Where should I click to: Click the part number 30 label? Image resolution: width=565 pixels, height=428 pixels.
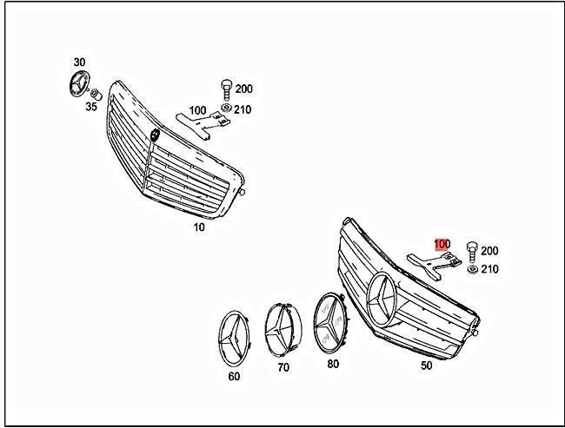tap(79, 63)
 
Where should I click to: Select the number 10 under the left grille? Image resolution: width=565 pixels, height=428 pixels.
tap(200, 227)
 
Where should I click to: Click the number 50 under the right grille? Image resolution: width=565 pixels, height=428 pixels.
tap(426, 365)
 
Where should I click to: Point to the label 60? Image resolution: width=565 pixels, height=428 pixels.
tap(234, 376)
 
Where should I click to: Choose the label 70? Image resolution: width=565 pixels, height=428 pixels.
tap(283, 367)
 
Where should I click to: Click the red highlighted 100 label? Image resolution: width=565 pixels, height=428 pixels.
tap(442, 245)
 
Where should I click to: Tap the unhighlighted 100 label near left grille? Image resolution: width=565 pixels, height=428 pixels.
tap(197, 110)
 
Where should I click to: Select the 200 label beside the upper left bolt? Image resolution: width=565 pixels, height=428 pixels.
tap(243, 89)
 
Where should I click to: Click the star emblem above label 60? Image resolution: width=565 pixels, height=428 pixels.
tap(234, 338)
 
